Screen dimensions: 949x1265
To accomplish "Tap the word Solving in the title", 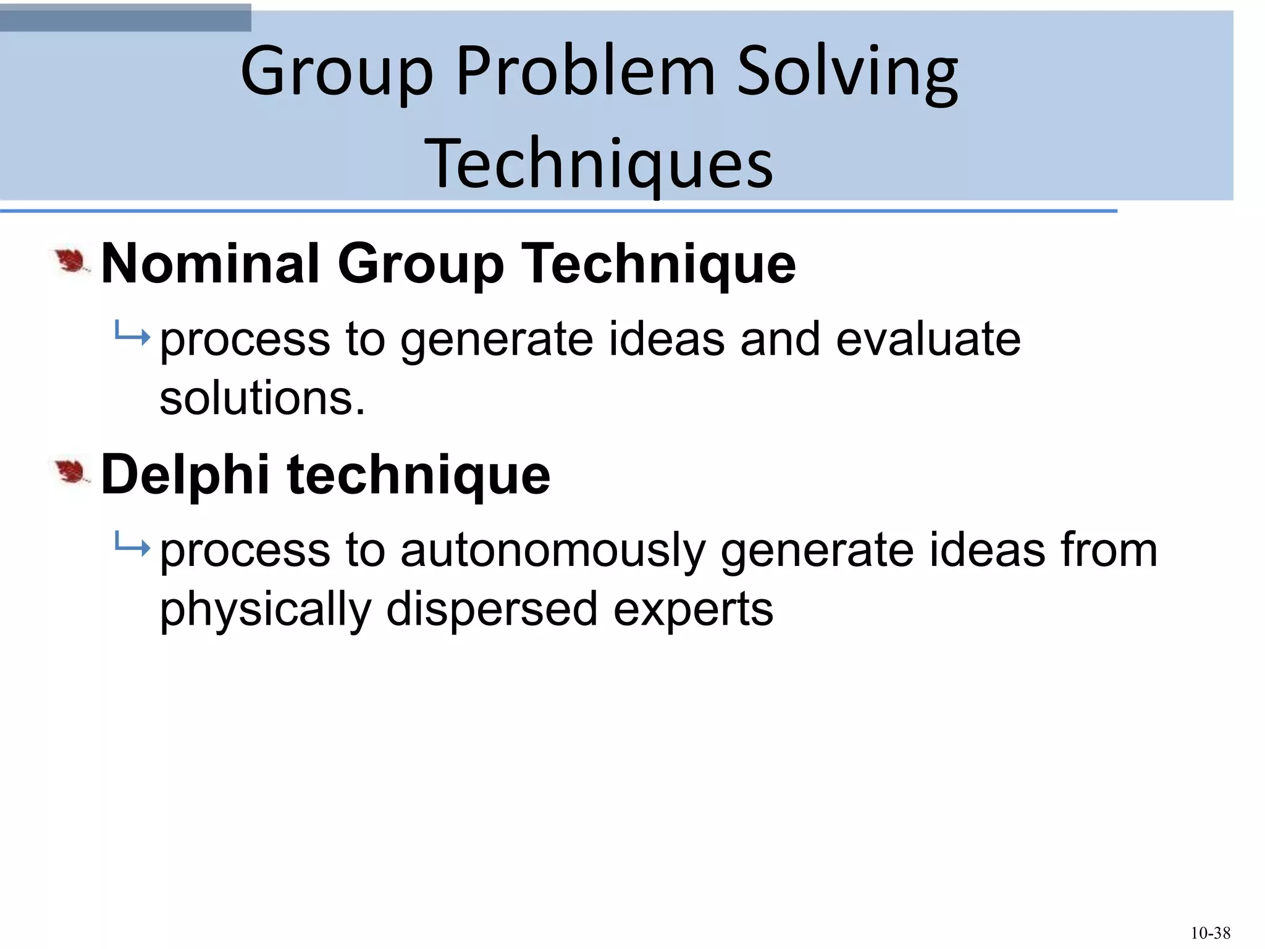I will [847, 73].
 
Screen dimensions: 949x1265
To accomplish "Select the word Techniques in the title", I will [599, 163].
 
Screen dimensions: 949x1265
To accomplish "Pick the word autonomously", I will [553, 550].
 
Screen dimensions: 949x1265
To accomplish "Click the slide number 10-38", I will [1210, 933].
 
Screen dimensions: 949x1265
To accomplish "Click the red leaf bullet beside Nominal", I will [71, 261].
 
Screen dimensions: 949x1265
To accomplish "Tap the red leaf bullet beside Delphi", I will [71, 473].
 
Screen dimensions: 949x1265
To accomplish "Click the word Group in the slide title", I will [337, 73].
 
